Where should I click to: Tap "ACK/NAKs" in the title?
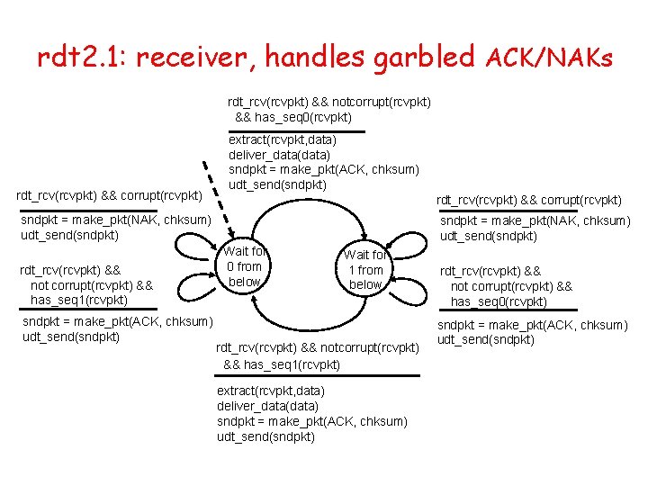(549, 58)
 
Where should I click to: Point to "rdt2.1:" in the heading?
(82, 57)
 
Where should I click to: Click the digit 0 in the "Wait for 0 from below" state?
(231, 266)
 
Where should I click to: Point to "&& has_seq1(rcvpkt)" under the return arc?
(282, 364)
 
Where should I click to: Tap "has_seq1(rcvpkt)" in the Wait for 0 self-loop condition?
(79, 300)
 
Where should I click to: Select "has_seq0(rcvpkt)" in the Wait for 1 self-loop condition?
(499, 301)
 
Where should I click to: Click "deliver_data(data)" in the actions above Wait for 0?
(279, 155)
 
